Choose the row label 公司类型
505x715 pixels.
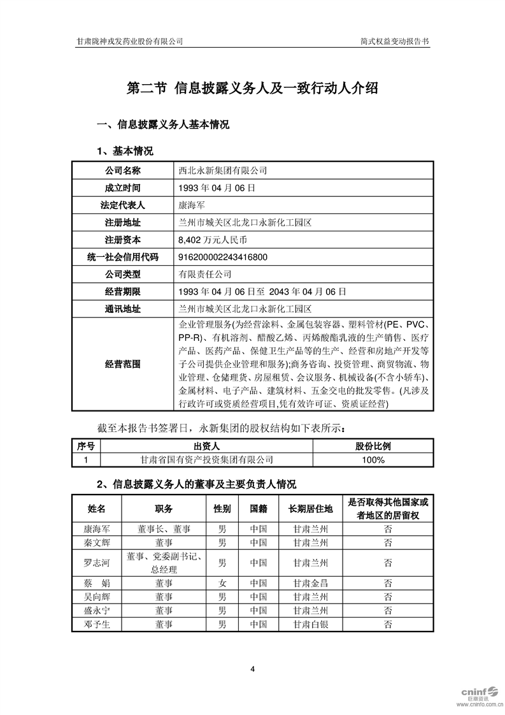[x=123, y=275]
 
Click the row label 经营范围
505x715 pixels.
[x=123, y=365]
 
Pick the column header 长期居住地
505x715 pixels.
[x=310, y=509]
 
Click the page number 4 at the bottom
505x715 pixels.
[x=253, y=668]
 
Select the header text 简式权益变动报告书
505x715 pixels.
[x=394, y=41]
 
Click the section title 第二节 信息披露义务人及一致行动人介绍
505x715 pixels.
[x=253, y=88]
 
